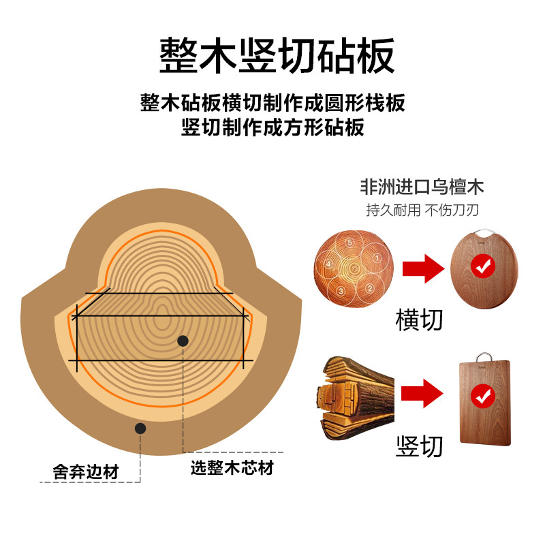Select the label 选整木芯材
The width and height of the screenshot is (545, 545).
[x=232, y=469]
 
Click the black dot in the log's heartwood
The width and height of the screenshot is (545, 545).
[x=183, y=341]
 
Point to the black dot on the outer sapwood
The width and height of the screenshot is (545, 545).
[x=140, y=429]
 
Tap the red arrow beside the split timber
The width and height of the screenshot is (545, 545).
[x=421, y=393]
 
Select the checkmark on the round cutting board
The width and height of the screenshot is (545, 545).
[x=484, y=267]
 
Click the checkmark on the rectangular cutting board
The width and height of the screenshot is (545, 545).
[x=484, y=394]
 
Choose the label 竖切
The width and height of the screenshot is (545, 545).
[x=419, y=446]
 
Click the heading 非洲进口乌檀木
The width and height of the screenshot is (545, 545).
[x=422, y=188]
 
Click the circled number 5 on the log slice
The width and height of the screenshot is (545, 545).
[x=349, y=242]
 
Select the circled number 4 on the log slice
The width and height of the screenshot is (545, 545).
[x=328, y=264]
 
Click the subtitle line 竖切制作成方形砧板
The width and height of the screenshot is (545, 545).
[x=272, y=127]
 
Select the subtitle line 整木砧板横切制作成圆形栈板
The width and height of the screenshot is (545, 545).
[x=272, y=103]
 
